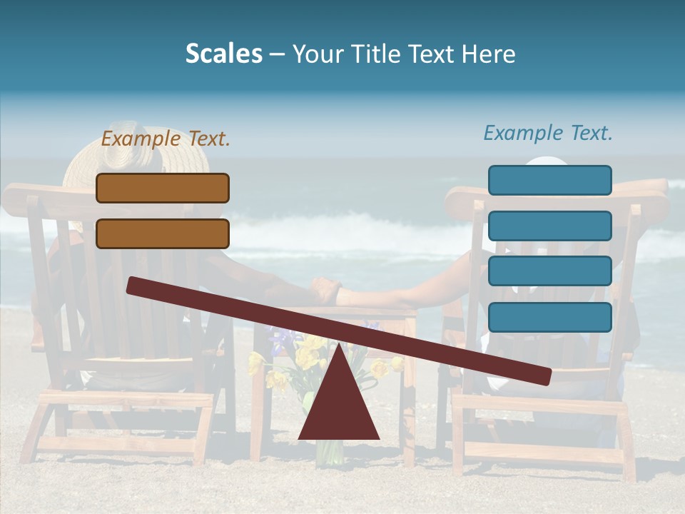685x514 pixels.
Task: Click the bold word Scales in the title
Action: click(x=223, y=54)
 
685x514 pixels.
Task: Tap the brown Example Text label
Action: click(x=166, y=138)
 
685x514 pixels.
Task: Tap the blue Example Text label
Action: click(x=548, y=133)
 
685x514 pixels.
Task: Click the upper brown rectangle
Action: click(x=163, y=188)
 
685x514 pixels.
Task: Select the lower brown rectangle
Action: click(x=163, y=233)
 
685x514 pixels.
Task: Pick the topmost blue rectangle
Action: click(x=549, y=180)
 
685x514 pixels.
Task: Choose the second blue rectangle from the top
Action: click(x=549, y=226)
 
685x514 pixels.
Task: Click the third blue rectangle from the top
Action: click(x=549, y=271)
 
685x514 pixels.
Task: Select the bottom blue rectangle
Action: click(x=549, y=317)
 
